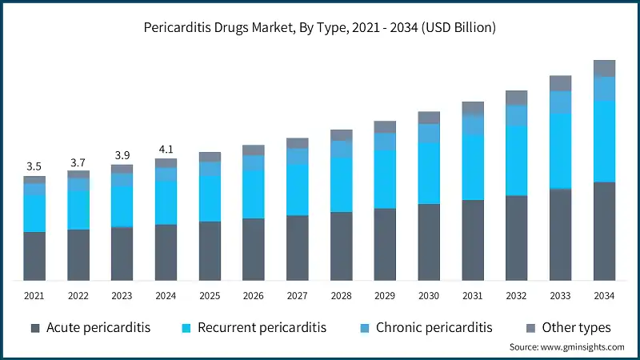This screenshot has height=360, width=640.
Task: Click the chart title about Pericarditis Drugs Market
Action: click(320, 27)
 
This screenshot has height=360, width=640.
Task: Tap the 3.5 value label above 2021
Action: click(34, 166)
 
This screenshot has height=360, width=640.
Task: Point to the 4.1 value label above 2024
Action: click(166, 149)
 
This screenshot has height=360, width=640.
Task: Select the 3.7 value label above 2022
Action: click(78, 162)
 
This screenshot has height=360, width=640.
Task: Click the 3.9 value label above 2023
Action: click(122, 154)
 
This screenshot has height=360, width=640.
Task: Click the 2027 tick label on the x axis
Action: click(297, 296)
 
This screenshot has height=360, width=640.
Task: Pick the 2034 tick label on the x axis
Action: click(604, 296)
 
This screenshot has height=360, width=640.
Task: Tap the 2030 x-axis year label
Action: click(429, 296)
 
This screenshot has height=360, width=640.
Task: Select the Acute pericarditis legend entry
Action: click(90, 328)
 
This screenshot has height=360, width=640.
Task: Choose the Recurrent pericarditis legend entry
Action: click(254, 328)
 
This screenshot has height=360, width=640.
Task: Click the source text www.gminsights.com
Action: click(566, 347)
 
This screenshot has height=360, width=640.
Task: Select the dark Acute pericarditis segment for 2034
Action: click(604, 231)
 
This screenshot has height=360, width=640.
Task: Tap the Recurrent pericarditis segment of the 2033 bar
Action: click(560, 150)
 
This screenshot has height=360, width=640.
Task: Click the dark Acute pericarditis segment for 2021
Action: click(34, 256)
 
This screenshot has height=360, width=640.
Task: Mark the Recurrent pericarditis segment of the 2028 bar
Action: click(341, 184)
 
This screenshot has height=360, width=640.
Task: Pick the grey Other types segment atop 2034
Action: click(604, 68)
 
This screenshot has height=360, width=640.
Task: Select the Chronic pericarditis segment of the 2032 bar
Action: click(517, 115)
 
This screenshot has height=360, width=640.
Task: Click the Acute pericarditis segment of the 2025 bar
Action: click(210, 250)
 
